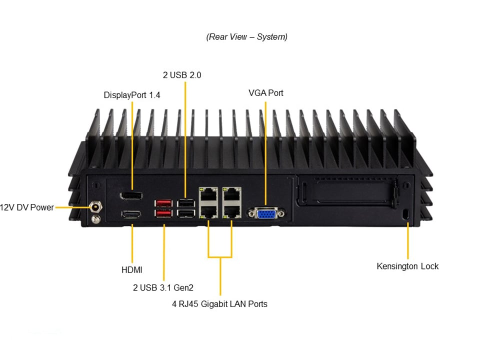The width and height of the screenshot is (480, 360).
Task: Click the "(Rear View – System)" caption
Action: coord(246,37)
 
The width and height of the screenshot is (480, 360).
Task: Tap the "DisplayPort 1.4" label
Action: coord(132,95)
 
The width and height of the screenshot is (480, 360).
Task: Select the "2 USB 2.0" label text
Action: coord(182,75)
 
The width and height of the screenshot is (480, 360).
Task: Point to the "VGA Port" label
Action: coord(265,93)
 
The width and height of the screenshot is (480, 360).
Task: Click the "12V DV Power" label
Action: coord(27,207)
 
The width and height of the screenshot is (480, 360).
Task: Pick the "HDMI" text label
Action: coord(132,270)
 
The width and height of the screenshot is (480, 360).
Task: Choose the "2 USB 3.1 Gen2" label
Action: coord(163,287)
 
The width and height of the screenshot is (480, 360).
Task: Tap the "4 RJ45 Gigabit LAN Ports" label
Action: coord(219,304)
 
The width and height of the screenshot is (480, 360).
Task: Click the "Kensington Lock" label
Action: coord(407,266)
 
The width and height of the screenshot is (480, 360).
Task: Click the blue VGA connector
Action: coord(264,213)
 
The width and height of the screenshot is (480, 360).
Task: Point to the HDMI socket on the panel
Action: coord(131,214)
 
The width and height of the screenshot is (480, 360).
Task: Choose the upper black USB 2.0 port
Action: coord(185,203)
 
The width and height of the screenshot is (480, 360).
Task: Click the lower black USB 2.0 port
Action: coord(185,213)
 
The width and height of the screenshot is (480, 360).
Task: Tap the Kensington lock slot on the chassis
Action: coord(406,214)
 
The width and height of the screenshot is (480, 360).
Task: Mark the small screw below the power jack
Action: coord(95,218)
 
